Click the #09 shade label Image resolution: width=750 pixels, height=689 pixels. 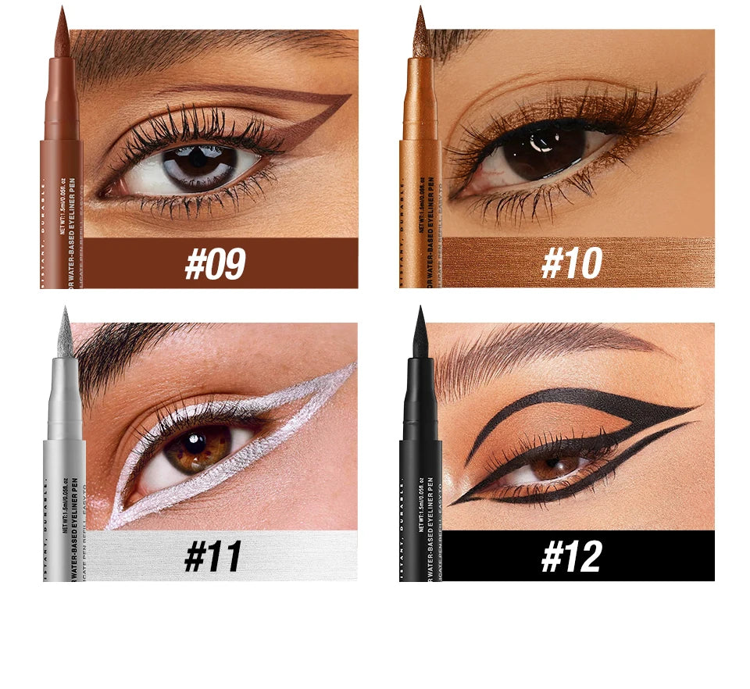215,264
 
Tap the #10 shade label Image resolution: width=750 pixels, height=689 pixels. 571,264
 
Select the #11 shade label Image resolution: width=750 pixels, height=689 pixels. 213,557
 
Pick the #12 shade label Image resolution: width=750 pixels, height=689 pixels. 571,557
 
